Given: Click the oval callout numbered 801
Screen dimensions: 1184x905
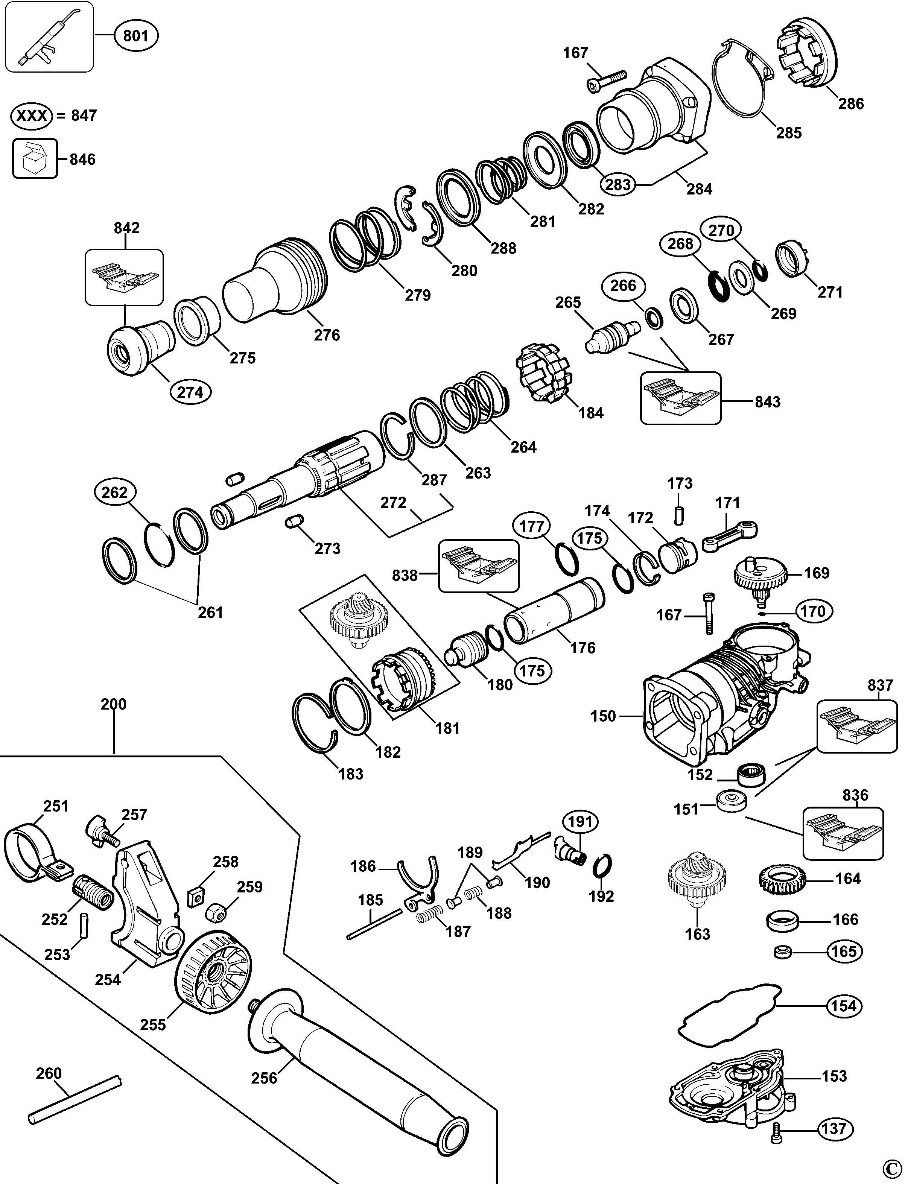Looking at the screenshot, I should [x=136, y=36].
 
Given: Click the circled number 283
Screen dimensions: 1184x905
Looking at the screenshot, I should [x=618, y=184].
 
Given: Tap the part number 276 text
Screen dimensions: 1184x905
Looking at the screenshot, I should [x=327, y=335].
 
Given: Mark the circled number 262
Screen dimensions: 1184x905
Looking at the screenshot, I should [x=115, y=492].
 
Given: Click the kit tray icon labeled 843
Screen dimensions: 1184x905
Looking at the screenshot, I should [x=680, y=398].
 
